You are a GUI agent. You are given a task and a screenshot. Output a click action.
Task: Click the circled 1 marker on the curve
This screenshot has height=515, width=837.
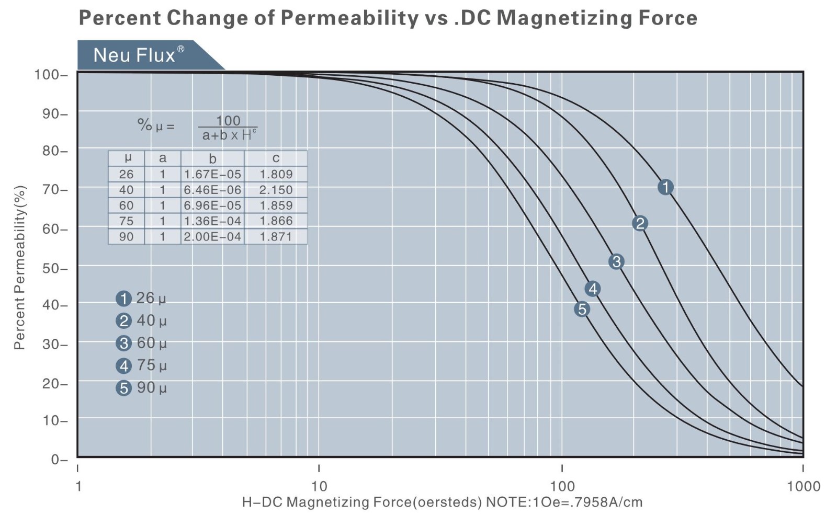pyautogui.click(x=665, y=187)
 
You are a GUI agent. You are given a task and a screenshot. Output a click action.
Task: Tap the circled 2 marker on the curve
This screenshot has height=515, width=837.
pyautogui.click(x=640, y=224)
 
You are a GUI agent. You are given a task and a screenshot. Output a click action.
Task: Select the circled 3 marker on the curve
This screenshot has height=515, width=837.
pyautogui.click(x=616, y=262)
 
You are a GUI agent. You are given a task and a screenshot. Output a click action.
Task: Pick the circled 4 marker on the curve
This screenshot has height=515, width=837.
pyautogui.click(x=592, y=289)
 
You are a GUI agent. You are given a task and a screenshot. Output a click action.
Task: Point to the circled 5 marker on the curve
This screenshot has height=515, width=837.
pyautogui.click(x=582, y=309)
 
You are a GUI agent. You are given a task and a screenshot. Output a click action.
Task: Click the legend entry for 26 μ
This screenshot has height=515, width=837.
pyautogui.click(x=141, y=299)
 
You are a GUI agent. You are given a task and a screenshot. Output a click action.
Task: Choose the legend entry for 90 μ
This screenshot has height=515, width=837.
pyautogui.click(x=141, y=388)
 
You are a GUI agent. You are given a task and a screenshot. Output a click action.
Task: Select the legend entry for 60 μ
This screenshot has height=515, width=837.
pyautogui.click(x=141, y=344)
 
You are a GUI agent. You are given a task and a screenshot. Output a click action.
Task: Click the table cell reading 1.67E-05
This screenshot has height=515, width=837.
pyautogui.click(x=212, y=174)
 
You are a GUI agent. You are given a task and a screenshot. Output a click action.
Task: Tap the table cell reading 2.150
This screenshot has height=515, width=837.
pyautogui.click(x=276, y=190)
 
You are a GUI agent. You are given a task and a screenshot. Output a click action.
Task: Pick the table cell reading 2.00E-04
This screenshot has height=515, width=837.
pyautogui.click(x=212, y=236)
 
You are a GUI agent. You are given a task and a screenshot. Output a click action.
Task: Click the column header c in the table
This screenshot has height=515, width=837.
pyautogui.click(x=276, y=158)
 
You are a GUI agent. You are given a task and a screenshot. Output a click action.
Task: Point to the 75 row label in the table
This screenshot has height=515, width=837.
pyautogui.click(x=126, y=221)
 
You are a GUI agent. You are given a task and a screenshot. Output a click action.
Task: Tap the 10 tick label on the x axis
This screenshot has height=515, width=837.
pyautogui.click(x=319, y=486)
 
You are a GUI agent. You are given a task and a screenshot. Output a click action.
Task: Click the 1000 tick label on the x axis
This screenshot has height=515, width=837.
pyautogui.click(x=803, y=486)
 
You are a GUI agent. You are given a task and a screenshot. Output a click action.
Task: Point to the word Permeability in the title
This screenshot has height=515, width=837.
pyautogui.click(x=349, y=18)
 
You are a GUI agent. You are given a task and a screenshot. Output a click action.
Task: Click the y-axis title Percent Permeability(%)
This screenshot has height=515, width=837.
pyautogui.click(x=19, y=267)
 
